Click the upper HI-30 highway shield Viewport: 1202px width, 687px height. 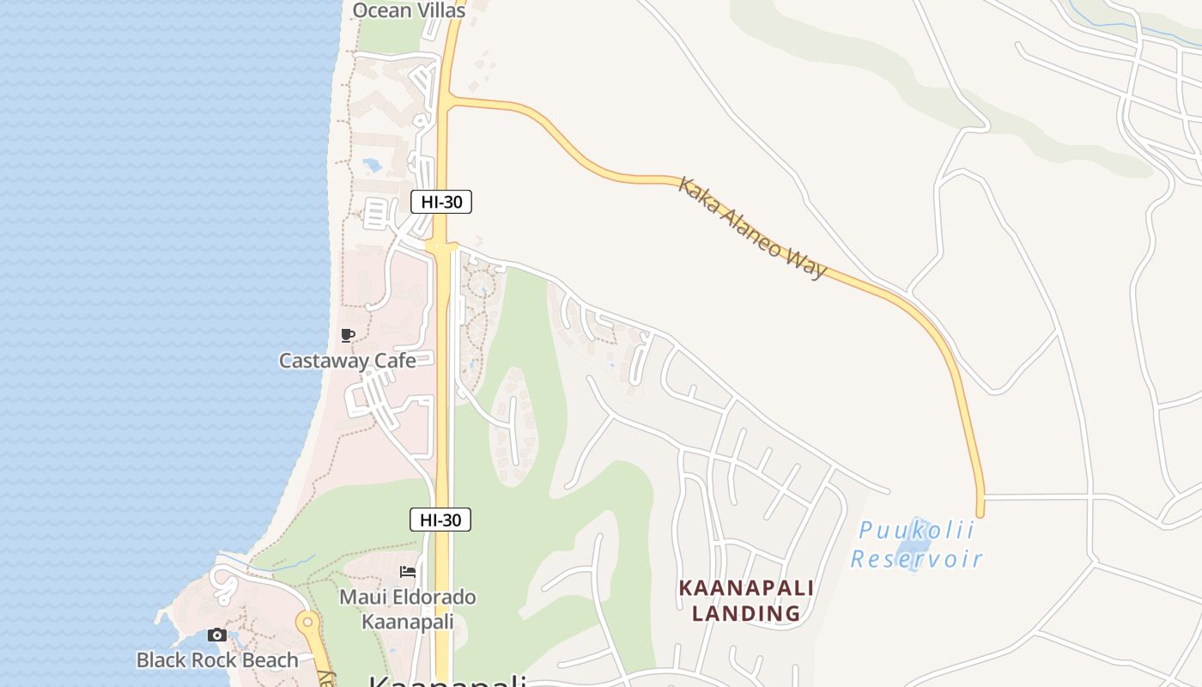tap(441, 203)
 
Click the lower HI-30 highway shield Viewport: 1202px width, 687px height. tap(440, 520)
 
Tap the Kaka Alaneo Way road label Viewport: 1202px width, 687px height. tap(752, 228)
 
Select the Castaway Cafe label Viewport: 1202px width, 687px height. tap(347, 361)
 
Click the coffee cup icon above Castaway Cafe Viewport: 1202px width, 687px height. tap(347, 336)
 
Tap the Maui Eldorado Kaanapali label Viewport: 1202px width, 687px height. tap(407, 609)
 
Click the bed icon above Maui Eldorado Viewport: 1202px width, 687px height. tap(408, 572)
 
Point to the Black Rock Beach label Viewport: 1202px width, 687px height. tap(217, 660)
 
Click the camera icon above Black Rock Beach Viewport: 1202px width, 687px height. tap(217, 635)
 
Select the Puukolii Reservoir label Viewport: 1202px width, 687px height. tap(916, 545)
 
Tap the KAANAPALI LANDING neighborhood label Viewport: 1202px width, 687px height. tap(746, 601)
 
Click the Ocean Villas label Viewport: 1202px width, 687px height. tap(409, 10)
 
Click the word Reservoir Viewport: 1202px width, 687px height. tap(916, 560)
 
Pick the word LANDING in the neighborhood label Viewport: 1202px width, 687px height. tap(746, 614)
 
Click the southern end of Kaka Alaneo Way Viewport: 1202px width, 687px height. tap(980, 513)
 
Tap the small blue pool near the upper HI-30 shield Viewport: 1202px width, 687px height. tap(373, 164)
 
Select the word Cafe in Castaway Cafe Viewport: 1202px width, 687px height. tap(393, 361)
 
